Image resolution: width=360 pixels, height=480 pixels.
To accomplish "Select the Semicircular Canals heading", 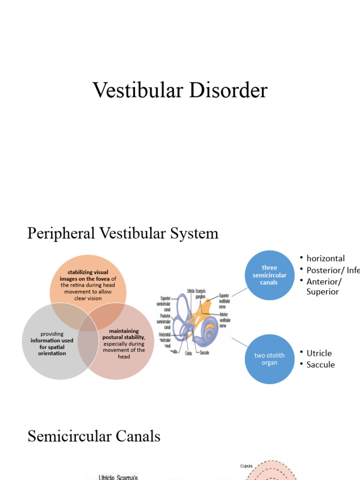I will tap(94, 436).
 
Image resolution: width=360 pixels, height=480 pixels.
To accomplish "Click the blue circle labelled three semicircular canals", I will tap(269, 275).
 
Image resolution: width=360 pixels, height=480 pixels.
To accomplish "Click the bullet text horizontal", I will tap(325, 258).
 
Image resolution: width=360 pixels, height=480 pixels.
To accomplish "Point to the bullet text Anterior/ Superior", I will tap(324, 286).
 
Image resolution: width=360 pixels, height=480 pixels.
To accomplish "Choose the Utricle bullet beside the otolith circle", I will tap(319, 353).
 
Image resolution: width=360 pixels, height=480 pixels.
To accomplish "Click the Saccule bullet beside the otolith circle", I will tap(321, 365).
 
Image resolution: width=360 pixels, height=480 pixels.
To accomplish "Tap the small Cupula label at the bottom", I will tap(246, 466).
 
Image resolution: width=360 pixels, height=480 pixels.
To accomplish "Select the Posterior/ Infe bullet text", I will tap(333, 270).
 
